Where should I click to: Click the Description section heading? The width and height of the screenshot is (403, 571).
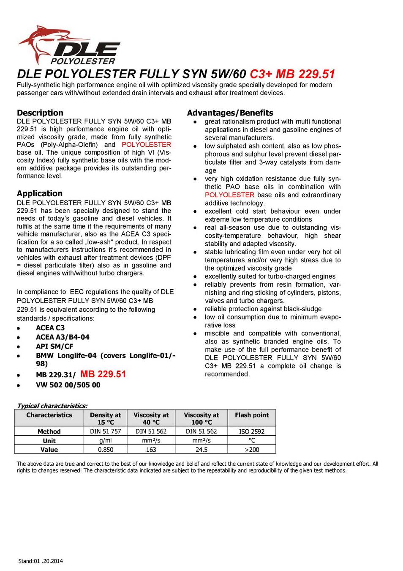pyautogui.click(x=40, y=113)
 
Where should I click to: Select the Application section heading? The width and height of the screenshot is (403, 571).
pyautogui.click(x=40, y=193)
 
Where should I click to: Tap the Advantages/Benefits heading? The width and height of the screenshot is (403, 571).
pyautogui.click(x=230, y=113)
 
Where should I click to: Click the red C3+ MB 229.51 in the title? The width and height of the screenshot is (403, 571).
pyautogui.click(x=292, y=74)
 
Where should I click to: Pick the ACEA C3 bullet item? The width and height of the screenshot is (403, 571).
pyautogui.click(x=50, y=328)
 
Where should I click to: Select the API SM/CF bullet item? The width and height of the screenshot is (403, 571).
pyautogui.click(x=54, y=346)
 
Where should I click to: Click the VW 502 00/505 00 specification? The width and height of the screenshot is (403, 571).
pyautogui.click(x=68, y=385)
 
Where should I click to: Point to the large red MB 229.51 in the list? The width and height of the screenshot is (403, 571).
pyautogui.click(x=103, y=374)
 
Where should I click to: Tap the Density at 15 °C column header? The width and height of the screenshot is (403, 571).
pyautogui.click(x=105, y=418)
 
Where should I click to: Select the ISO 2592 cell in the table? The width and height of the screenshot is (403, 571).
pyautogui.click(x=252, y=431)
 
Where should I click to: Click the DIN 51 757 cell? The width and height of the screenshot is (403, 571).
pyautogui.click(x=105, y=431)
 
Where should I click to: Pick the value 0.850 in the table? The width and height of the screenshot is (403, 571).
pyautogui.click(x=105, y=450)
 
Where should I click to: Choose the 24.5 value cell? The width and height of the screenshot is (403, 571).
pyautogui.click(x=201, y=450)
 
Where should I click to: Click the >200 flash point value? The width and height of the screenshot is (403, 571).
pyautogui.click(x=252, y=450)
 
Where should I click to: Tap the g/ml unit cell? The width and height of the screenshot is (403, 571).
pyautogui.click(x=105, y=440)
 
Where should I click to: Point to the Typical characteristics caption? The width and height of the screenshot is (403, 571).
pyautogui.click(x=52, y=406)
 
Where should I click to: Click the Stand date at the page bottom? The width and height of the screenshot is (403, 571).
pyautogui.click(x=41, y=561)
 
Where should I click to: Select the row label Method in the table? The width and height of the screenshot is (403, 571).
pyautogui.click(x=49, y=431)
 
